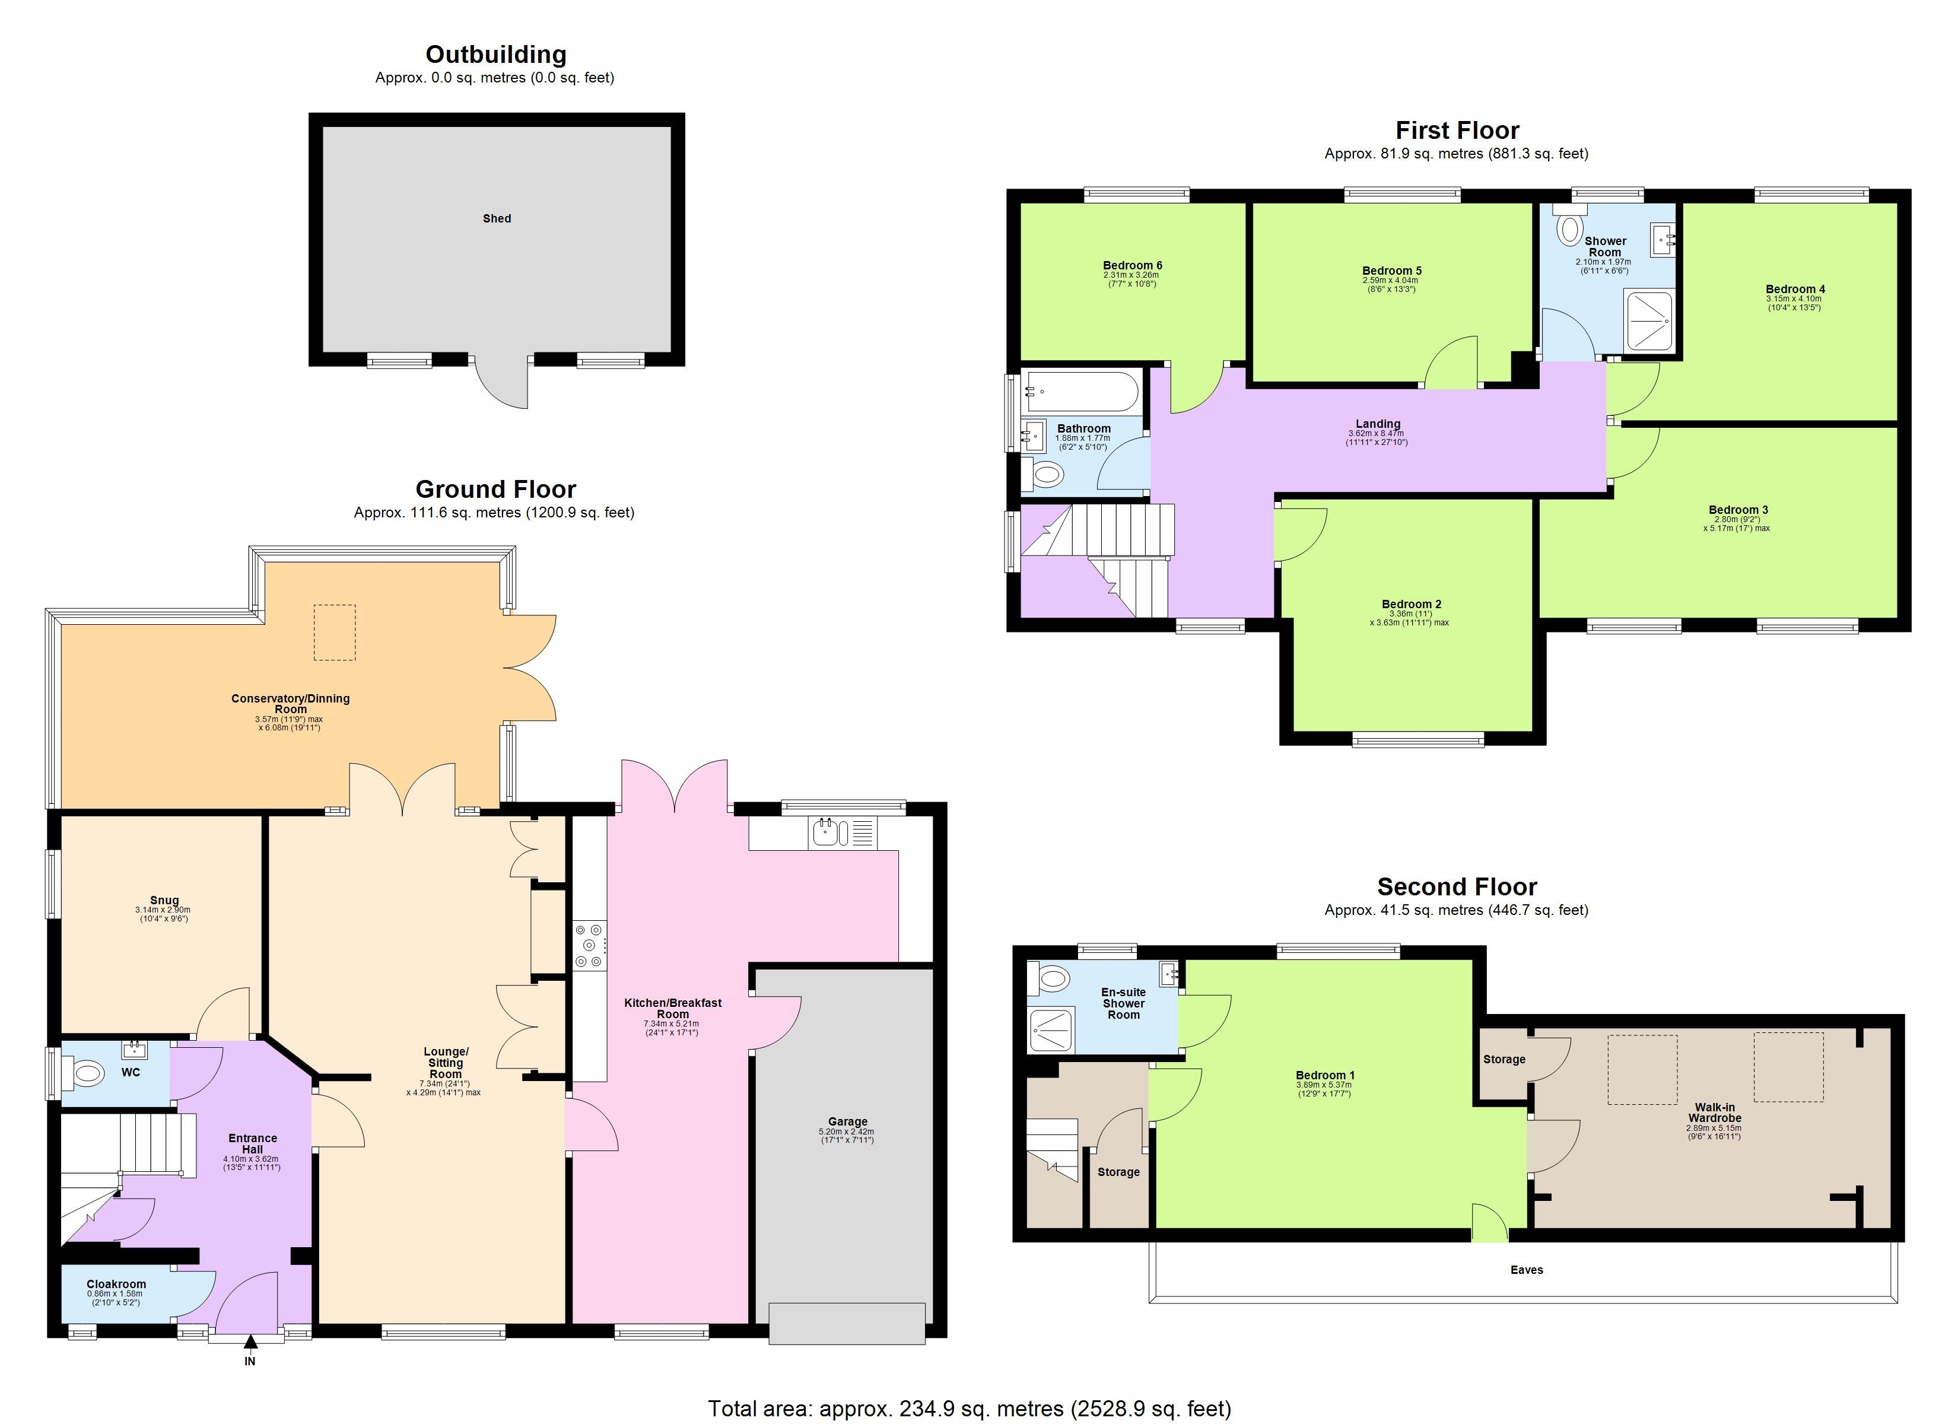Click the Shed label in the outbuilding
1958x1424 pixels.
[x=497, y=218]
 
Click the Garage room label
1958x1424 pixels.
[x=847, y=1122]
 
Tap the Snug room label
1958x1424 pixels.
[x=164, y=900]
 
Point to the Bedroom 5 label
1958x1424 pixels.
[x=1392, y=271]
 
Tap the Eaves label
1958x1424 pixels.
[x=1526, y=1269]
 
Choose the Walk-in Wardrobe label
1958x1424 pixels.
[x=1715, y=1112]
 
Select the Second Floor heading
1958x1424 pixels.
[x=1457, y=887]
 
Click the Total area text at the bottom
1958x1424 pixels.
[x=969, y=1409]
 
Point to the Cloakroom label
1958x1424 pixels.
[x=116, y=1284]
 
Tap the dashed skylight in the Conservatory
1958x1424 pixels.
[x=334, y=632]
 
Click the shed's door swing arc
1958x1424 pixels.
[x=501, y=389]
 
